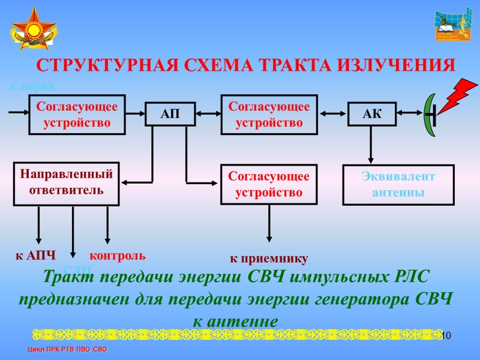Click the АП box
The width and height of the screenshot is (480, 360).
pyautogui.click(x=171, y=113)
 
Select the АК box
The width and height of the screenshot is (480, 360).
pyautogui.click(x=372, y=113)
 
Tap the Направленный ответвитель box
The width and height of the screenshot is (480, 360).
pyautogui.click(x=67, y=184)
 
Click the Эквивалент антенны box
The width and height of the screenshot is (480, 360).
pyautogui.click(x=398, y=185)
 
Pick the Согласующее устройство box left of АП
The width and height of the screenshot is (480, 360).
pyautogui.click(x=77, y=114)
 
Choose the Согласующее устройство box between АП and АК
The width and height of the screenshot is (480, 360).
pyautogui.click(x=269, y=114)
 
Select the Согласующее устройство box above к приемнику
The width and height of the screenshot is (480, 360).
pyautogui.click(x=269, y=184)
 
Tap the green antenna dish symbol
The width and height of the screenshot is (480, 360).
pyautogui.click(x=429, y=114)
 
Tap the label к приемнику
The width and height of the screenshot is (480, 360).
pyautogui.click(x=269, y=259)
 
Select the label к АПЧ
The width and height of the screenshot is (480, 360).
pyautogui.click(x=35, y=256)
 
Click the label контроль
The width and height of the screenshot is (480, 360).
pyautogui.click(x=118, y=255)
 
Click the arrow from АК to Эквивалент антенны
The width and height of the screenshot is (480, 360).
pyautogui.click(x=371, y=144)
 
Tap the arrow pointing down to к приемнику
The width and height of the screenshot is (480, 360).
pyautogui.click(x=269, y=225)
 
